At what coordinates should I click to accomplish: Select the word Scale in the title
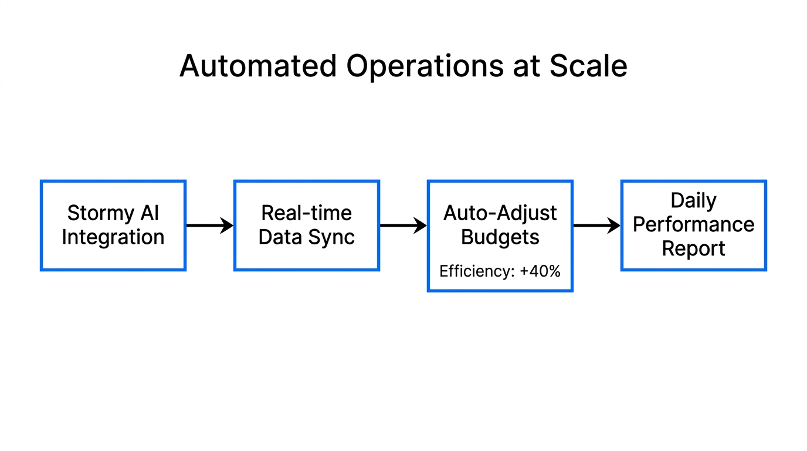(588, 66)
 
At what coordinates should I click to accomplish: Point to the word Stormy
(96, 213)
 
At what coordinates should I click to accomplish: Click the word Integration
(113, 237)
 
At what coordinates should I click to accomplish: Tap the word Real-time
(307, 213)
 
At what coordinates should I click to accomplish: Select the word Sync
(333, 237)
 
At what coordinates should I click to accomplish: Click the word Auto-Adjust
(500, 213)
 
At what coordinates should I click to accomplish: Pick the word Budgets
(500, 237)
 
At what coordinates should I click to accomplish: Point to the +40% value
(540, 271)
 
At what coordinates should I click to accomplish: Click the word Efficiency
(474, 271)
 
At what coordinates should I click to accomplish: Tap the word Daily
(694, 200)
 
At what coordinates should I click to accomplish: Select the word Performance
(694, 224)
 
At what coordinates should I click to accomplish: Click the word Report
(694, 248)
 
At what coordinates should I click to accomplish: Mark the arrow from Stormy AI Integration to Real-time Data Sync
(209, 225)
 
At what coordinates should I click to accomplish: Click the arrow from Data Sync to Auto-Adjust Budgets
(403, 225)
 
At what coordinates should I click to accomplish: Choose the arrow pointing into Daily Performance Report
(596, 225)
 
